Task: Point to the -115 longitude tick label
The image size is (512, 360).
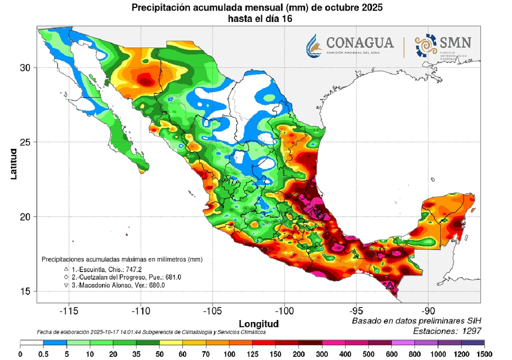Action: click(x=68, y=310)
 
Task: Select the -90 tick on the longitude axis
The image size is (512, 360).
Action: click(x=428, y=310)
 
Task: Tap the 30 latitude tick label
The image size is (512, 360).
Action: click(x=25, y=67)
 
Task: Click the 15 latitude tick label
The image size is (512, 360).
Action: click(x=25, y=291)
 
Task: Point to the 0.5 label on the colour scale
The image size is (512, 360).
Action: click(x=43, y=353)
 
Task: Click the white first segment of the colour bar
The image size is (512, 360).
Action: click(x=32, y=343)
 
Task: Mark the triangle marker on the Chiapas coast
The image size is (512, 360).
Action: click(x=390, y=284)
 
